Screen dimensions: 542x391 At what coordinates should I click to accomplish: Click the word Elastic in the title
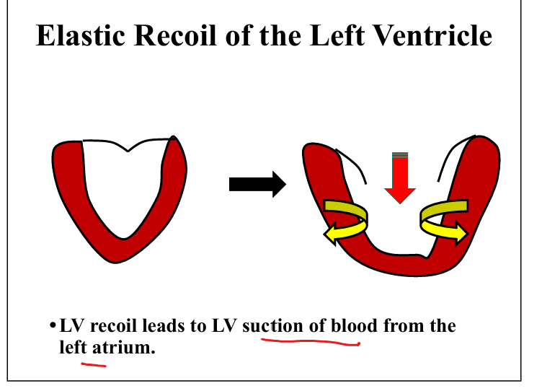click(x=81, y=35)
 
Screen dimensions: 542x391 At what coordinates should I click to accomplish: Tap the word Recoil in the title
click(x=175, y=35)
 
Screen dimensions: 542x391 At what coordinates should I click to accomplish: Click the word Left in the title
click(x=337, y=35)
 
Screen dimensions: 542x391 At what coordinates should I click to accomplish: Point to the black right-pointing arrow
click(x=257, y=185)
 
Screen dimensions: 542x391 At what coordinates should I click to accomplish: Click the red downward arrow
click(x=400, y=177)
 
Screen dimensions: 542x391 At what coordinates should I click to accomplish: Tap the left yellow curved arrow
click(x=346, y=221)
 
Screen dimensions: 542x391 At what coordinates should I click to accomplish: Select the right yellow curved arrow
click(x=444, y=221)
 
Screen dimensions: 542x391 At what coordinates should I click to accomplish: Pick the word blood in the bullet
click(x=354, y=325)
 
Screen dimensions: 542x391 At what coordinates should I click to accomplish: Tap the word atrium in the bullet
click(x=123, y=347)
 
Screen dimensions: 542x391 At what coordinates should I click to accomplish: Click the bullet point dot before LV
click(x=53, y=325)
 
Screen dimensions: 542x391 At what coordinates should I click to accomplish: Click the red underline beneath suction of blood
click(x=311, y=342)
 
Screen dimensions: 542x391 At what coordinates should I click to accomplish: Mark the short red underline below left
click(x=94, y=364)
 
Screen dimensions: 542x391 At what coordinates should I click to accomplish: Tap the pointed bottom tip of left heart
click(x=115, y=263)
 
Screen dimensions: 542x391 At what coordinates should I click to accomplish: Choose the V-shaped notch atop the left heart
click(x=128, y=151)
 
